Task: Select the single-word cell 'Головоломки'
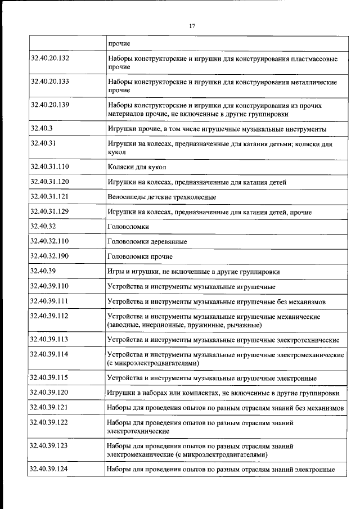[x=128, y=227]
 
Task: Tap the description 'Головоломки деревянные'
[x=147, y=242]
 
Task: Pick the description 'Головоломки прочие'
[x=141, y=256]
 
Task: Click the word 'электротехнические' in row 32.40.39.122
[x=138, y=431]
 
